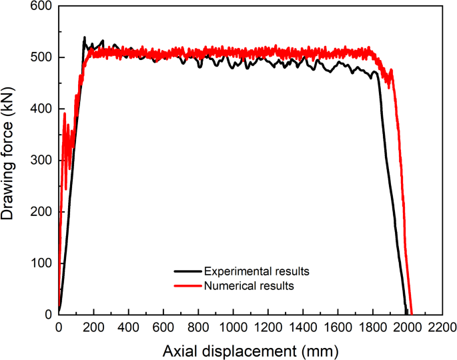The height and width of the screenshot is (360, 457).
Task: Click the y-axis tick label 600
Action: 41,6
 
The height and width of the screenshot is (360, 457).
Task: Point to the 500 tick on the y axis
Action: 41,57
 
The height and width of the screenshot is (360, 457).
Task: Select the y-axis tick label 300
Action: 41,160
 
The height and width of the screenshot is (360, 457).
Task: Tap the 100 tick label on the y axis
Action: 41,263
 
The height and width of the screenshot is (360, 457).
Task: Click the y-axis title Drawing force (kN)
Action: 11,160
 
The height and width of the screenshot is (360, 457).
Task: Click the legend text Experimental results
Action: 257,271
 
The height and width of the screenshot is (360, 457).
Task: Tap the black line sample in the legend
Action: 187,271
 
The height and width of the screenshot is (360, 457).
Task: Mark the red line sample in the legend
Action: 187,286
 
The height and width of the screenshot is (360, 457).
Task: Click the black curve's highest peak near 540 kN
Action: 84,37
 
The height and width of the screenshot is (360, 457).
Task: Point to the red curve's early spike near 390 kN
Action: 65,113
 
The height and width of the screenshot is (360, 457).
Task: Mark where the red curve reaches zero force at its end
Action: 412,313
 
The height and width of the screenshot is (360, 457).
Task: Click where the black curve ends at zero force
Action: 406,313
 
